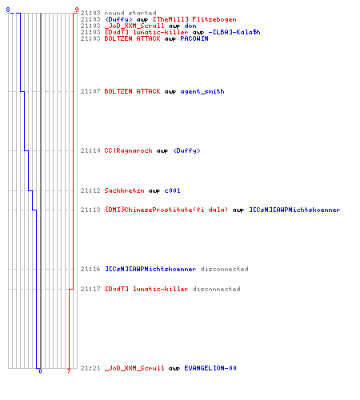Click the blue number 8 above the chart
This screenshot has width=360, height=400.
[8, 10]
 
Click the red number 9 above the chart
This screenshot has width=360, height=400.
[77, 10]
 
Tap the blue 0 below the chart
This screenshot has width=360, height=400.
[40, 371]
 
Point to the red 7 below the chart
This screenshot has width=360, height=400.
[69, 371]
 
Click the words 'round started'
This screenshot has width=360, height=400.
[130, 13]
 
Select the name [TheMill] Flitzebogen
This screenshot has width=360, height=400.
[194, 19]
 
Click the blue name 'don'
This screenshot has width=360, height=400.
[190, 26]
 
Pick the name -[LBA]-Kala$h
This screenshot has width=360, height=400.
[234, 32]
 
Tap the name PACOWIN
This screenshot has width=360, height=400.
[194, 38]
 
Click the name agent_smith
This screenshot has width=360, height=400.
[202, 91]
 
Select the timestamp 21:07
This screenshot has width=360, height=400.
[90, 91]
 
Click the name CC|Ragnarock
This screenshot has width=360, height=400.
[128, 150]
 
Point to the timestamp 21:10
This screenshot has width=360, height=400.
[90, 150]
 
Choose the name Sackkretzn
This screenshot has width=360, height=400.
[124, 190]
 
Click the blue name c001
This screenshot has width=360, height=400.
[172, 190]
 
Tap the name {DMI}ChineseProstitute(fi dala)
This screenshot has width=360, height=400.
[166, 210]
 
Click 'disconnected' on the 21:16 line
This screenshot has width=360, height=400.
[224, 269]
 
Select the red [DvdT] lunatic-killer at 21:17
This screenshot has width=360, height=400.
[146, 289]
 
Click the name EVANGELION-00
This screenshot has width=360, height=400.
[210, 368]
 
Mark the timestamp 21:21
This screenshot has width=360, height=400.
[90, 368]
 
